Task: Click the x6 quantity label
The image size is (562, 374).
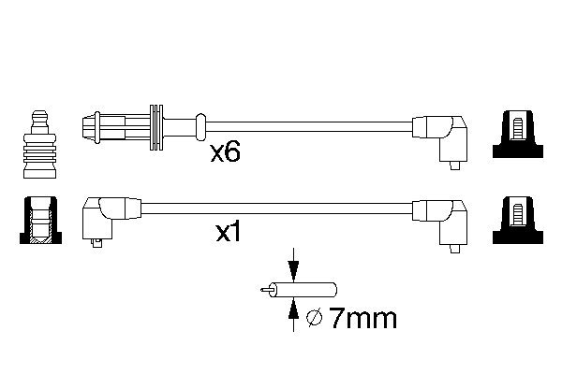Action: click(224, 152)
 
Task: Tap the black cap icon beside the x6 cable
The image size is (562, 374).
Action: click(514, 137)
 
